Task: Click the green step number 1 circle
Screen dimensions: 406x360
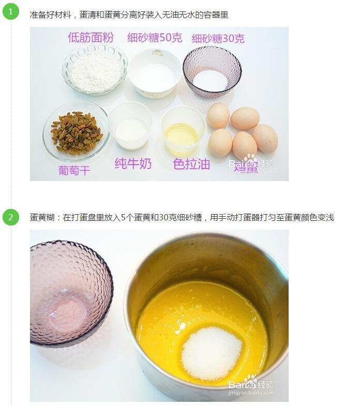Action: [10, 11]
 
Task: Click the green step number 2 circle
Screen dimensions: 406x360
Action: [10, 217]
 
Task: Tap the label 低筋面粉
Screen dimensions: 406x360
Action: [91, 37]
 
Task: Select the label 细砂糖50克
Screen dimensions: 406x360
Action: [155, 38]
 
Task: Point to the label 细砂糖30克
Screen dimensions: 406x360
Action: [218, 38]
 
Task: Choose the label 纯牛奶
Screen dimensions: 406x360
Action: [133, 164]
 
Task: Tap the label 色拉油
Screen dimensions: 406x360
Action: [191, 164]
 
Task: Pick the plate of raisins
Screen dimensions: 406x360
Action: [76, 132]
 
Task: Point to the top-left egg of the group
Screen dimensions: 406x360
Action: [218, 115]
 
